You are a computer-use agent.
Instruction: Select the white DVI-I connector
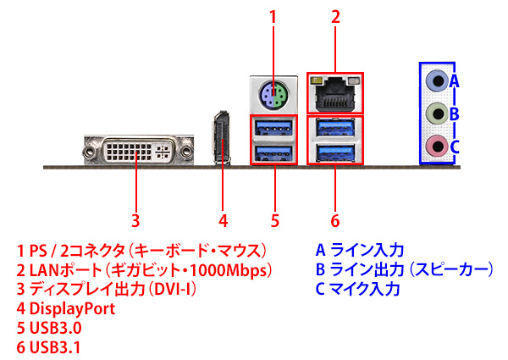click(x=137, y=151)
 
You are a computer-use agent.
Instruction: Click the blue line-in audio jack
click(x=436, y=81)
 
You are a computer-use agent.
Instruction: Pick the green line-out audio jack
click(x=436, y=114)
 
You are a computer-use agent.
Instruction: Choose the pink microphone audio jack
click(x=436, y=145)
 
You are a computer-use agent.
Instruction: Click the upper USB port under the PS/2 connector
click(x=275, y=128)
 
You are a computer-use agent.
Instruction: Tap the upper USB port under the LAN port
click(x=334, y=128)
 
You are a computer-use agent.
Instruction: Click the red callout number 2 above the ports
click(x=335, y=16)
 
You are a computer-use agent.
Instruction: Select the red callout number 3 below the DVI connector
click(x=136, y=222)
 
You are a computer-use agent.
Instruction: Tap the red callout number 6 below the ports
click(x=335, y=222)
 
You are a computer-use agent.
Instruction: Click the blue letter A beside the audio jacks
click(x=454, y=81)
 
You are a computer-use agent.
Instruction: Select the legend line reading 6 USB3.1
click(x=50, y=347)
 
